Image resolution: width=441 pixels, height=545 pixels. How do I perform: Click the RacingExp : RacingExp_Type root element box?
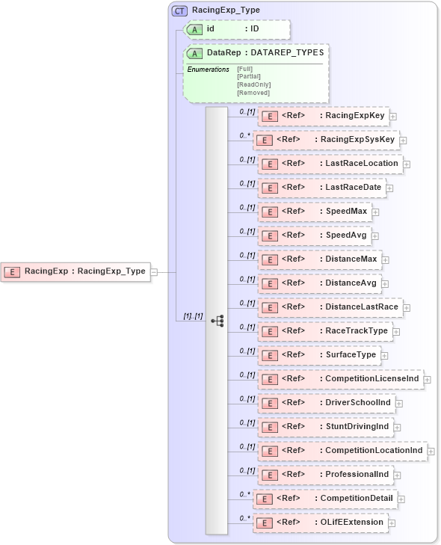tap(75, 271)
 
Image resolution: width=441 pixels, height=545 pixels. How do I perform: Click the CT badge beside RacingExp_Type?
tap(179, 11)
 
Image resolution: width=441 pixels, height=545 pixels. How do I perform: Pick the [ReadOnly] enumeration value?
tap(253, 84)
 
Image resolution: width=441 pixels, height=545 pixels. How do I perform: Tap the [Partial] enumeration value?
tap(249, 76)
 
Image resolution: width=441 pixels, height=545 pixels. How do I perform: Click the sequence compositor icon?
tap(218, 321)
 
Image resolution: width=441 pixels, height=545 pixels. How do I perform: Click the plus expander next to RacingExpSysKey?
tap(403, 140)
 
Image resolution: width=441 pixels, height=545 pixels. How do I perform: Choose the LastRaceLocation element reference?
tap(329, 164)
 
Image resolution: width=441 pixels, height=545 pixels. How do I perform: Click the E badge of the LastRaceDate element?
tap(269, 188)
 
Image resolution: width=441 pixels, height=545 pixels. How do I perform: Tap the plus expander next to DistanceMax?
tap(385, 259)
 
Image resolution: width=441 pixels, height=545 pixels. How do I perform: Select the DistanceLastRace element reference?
tap(329, 307)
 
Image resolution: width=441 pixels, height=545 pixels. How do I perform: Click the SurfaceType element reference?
tap(318, 355)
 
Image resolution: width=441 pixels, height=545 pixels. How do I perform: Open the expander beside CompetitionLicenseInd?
tap(427, 380)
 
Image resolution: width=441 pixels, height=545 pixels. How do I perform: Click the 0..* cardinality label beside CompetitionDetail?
tap(244, 493)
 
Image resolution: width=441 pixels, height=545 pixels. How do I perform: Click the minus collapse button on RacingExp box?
tap(154, 272)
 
